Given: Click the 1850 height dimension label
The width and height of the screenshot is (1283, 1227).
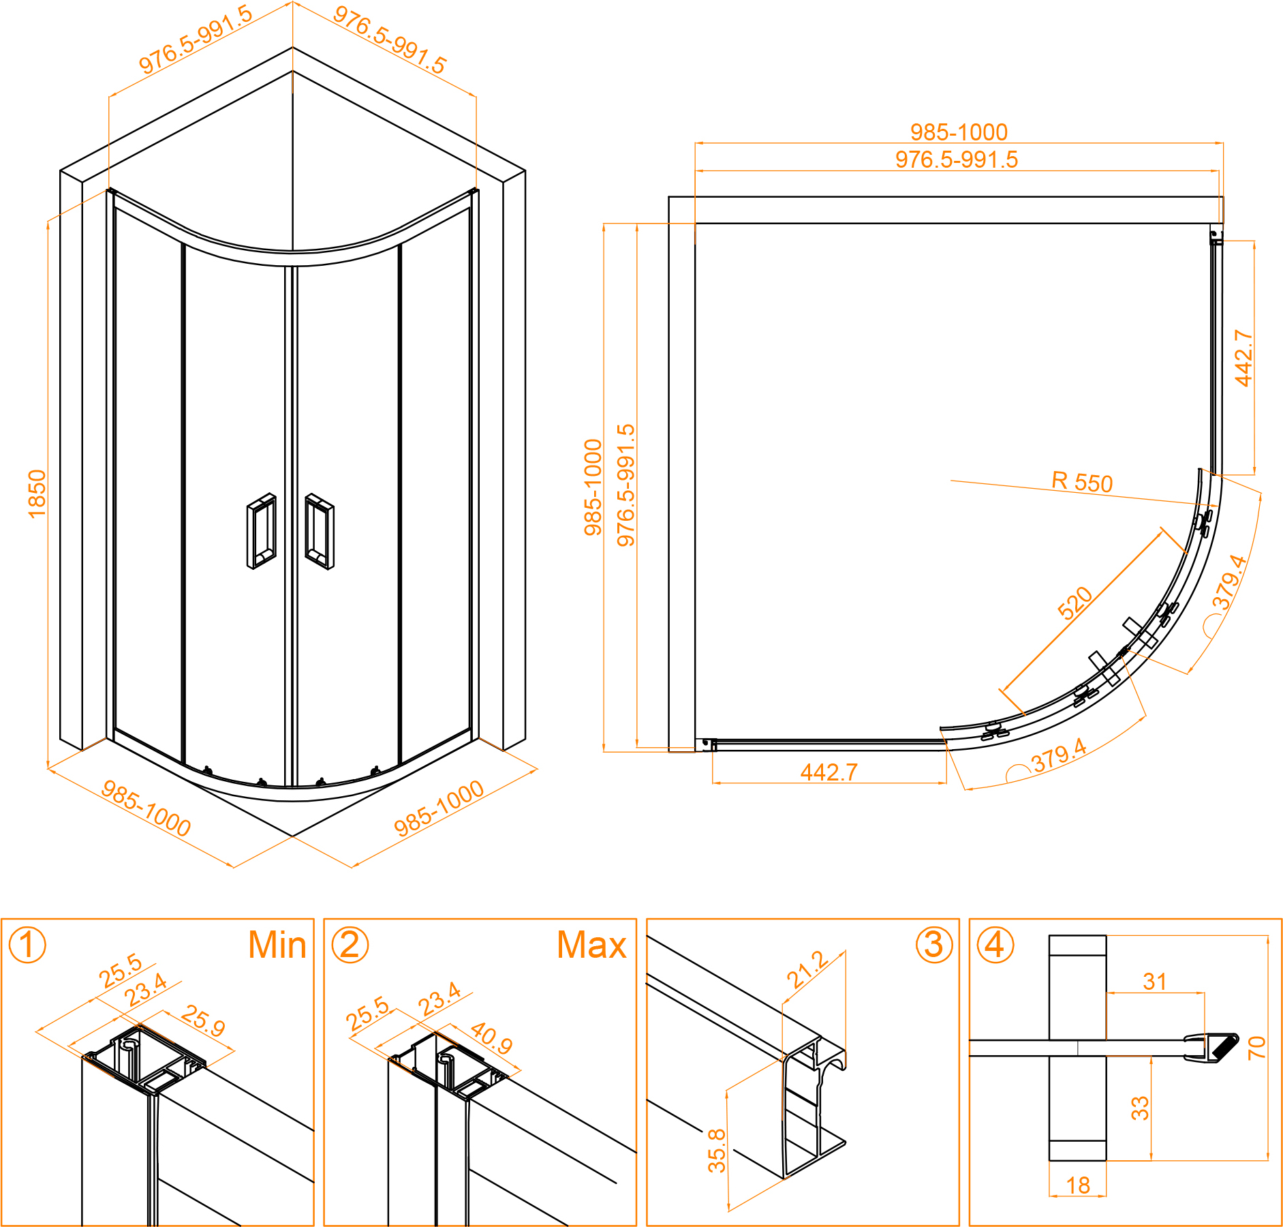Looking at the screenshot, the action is tap(37, 494).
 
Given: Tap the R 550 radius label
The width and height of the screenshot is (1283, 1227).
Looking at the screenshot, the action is tap(1082, 481).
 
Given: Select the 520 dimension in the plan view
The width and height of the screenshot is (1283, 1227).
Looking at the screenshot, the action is tap(1075, 603).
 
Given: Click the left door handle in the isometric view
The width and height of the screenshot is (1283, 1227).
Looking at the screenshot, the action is tap(262, 531).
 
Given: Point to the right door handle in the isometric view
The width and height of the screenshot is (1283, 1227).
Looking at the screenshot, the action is tap(320, 531).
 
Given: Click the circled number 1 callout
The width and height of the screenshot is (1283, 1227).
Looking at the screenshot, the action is tap(27, 945).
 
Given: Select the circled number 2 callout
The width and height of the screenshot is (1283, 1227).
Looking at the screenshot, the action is tap(350, 945).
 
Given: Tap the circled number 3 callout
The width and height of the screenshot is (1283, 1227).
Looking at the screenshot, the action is tap(934, 945).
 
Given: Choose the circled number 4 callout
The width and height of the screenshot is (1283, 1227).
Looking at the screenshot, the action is tap(995, 945).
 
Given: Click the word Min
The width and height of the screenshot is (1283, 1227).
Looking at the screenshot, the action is tap(277, 945).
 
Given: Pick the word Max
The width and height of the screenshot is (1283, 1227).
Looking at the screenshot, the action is tap(591, 945).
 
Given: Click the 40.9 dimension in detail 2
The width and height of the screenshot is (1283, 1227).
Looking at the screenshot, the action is tap(491, 1037).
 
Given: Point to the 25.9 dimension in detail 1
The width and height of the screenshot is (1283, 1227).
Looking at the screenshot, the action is tap(203, 1020).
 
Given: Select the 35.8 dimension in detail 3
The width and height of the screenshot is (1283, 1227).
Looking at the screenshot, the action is tap(717, 1151).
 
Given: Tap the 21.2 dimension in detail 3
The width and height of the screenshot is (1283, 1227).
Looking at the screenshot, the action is tap(808, 970).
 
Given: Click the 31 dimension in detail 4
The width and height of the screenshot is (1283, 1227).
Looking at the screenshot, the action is tap(1155, 982).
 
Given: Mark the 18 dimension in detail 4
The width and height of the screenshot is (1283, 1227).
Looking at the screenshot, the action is tap(1079, 1185).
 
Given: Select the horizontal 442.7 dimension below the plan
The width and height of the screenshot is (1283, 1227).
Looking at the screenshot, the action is tap(829, 772).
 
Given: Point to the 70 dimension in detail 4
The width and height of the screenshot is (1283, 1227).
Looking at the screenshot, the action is tap(1256, 1048).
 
